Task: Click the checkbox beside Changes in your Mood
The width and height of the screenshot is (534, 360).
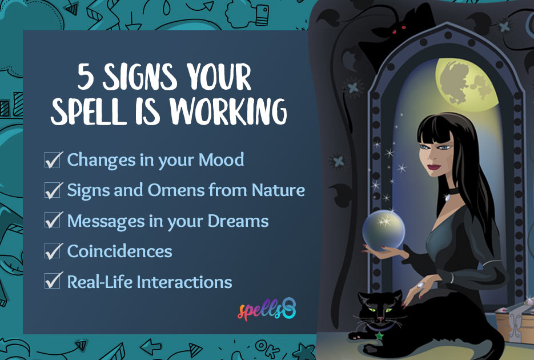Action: point(53,160)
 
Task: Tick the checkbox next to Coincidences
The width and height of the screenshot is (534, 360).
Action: point(53,251)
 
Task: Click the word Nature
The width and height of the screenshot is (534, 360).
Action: point(278,190)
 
